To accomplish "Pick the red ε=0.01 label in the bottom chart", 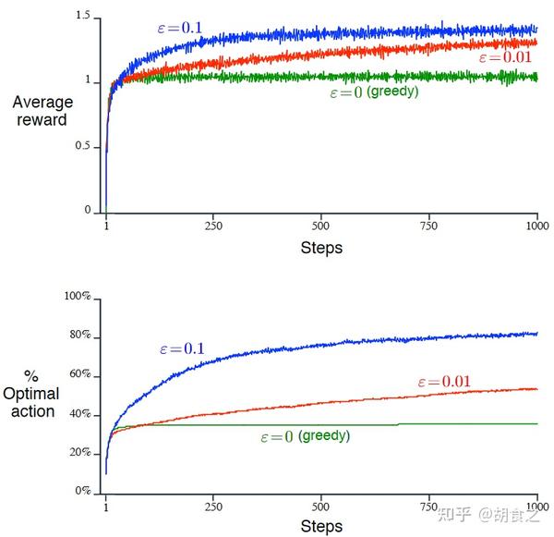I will click(446, 382).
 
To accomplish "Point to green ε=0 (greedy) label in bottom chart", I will click(305, 435).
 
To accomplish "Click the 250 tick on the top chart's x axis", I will click(214, 226).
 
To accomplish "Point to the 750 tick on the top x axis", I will click(429, 226).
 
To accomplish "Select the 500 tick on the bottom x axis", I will click(321, 506).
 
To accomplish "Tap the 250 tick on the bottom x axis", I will click(214, 506).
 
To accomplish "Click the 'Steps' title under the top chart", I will click(321, 248).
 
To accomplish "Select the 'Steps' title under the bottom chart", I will click(321, 527).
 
